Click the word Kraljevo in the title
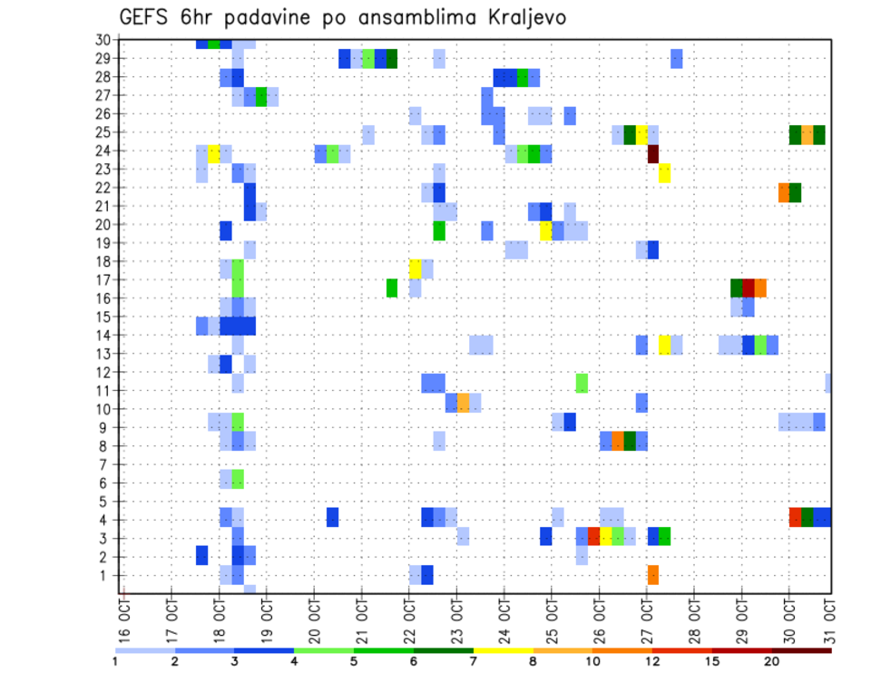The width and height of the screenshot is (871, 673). pos(514,17)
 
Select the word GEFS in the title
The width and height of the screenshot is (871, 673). pos(149,17)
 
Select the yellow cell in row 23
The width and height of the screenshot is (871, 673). pos(664,172)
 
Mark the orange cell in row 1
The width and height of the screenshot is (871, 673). pos(652,575)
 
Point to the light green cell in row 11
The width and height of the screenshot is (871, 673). pos(582,383)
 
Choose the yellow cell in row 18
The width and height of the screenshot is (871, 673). pos(416,268)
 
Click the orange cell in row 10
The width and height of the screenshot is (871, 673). pos(463,403)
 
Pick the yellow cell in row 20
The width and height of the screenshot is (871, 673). pos(546,230)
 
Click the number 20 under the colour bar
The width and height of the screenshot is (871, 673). pos(772,660)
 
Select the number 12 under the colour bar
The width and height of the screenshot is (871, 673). pos(652,660)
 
